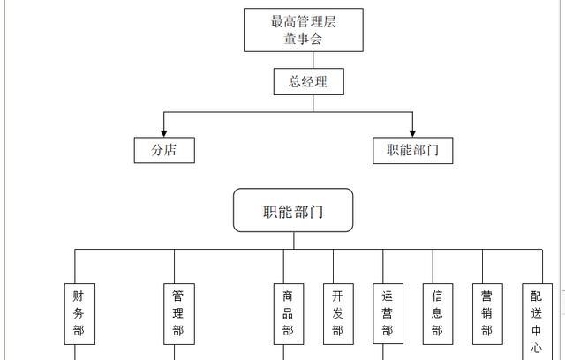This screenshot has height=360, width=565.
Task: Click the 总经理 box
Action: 307,82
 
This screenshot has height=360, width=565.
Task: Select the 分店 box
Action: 164,150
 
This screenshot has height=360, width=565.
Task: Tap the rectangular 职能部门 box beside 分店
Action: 412,150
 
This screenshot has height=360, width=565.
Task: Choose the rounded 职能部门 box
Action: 293,212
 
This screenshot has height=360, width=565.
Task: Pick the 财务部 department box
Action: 79,313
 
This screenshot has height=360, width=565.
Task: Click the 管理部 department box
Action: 178,313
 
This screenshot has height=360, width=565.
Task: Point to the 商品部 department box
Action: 288,313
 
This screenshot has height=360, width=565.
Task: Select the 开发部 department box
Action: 337,313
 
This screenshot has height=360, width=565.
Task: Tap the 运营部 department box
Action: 387,313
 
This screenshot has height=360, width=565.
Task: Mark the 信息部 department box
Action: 437,313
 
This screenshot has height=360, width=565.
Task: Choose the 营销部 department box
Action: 486,313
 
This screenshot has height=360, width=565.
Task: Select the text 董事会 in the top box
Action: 303,40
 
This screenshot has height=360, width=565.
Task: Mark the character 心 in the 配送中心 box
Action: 536,349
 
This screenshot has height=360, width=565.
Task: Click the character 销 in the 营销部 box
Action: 486,313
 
